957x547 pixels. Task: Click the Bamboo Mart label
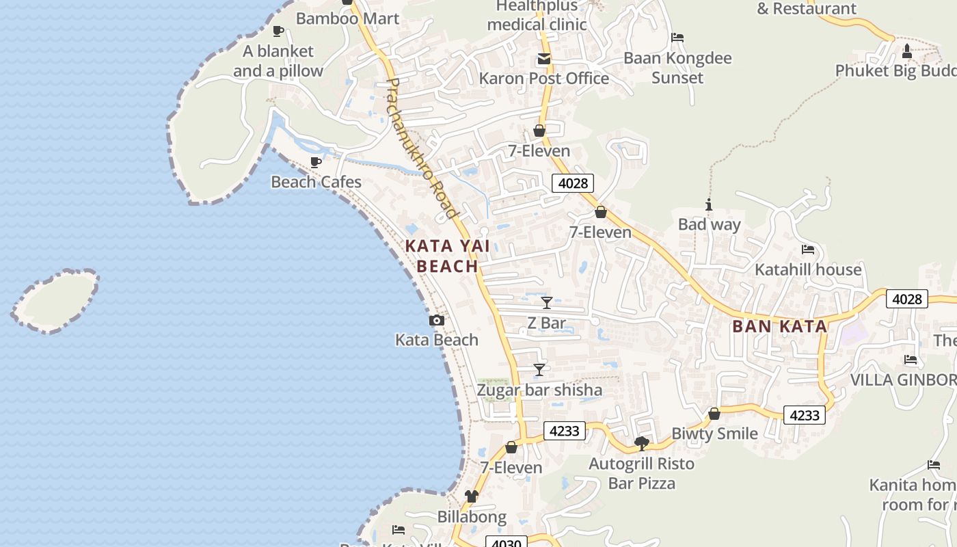tap(347, 18)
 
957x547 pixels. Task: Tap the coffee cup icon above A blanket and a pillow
tap(278, 31)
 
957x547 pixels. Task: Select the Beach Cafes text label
tap(316, 182)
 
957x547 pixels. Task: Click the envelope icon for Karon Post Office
tap(544, 59)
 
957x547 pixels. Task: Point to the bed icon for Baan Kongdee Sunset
tap(677, 38)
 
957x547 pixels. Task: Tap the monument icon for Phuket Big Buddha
tap(907, 51)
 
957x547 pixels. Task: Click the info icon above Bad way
tap(709, 204)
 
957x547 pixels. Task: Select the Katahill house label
tap(808, 269)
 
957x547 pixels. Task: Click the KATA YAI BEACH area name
tap(447, 256)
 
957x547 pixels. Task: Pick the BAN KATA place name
tap(779, 326)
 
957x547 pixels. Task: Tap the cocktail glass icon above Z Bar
tap(547, 303)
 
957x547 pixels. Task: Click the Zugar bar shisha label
tap(539, 390)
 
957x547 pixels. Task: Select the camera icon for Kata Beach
tap(436, 320)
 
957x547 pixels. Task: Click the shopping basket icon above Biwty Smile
tap(714, 414)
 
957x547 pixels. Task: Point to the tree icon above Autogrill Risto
tap(642, 444)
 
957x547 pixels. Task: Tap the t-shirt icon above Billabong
tap(472, 496)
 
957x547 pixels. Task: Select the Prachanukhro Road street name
tap(421, 148)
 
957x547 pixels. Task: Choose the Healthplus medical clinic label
tap(537, 16)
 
